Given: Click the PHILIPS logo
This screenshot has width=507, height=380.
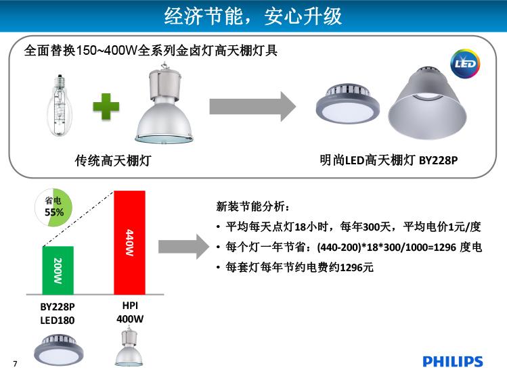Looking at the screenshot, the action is coord(452,362).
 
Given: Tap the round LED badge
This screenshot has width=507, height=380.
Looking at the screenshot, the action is coord(465,64).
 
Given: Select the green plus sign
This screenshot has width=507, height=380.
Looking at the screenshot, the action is coord(106,107).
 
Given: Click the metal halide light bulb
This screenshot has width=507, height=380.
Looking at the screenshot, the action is coord(60,105).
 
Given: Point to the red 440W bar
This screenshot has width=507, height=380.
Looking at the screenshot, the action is coord(130,243).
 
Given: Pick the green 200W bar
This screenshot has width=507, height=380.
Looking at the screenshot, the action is coord(58,270).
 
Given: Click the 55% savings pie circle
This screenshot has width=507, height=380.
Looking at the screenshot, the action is coord(53,208).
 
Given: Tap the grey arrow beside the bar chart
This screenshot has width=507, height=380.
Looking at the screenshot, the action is coord(183,247).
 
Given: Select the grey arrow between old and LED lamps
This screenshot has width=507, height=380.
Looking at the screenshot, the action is coord(252,107).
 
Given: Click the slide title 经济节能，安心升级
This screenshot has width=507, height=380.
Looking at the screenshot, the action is coord(253,16).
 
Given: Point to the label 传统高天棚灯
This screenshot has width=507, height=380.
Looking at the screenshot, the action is coord(113,160).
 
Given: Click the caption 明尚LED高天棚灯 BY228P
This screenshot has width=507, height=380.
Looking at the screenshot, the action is coord(389,160).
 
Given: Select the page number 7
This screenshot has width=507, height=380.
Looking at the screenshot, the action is coord(15,364).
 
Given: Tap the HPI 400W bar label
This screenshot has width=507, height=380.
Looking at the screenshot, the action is coord(130,312).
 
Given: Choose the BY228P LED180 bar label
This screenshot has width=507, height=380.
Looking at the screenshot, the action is coord(58,314).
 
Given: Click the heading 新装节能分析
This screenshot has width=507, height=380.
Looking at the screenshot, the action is coord(253,206).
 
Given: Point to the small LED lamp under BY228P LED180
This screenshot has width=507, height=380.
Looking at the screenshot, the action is coord(58,350).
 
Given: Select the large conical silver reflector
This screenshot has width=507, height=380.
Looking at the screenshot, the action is coord(427,103).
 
